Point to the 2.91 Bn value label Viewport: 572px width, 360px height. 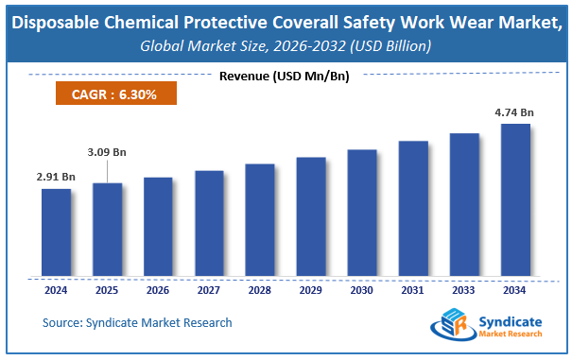[x=56, y=175]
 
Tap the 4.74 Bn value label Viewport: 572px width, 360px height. [x=515, y=111]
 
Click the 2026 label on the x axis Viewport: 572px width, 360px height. [x=158, y=291]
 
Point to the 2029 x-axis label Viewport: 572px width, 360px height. [x=311, y=291]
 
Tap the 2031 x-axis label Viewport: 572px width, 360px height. [x=413, y=291]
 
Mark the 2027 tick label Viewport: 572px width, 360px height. [x=209, y=291]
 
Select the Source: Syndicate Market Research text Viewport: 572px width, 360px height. [x=137, y=323]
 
